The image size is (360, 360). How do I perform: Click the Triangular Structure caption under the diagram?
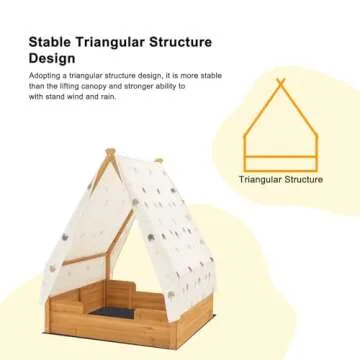(x=281, y=181)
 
